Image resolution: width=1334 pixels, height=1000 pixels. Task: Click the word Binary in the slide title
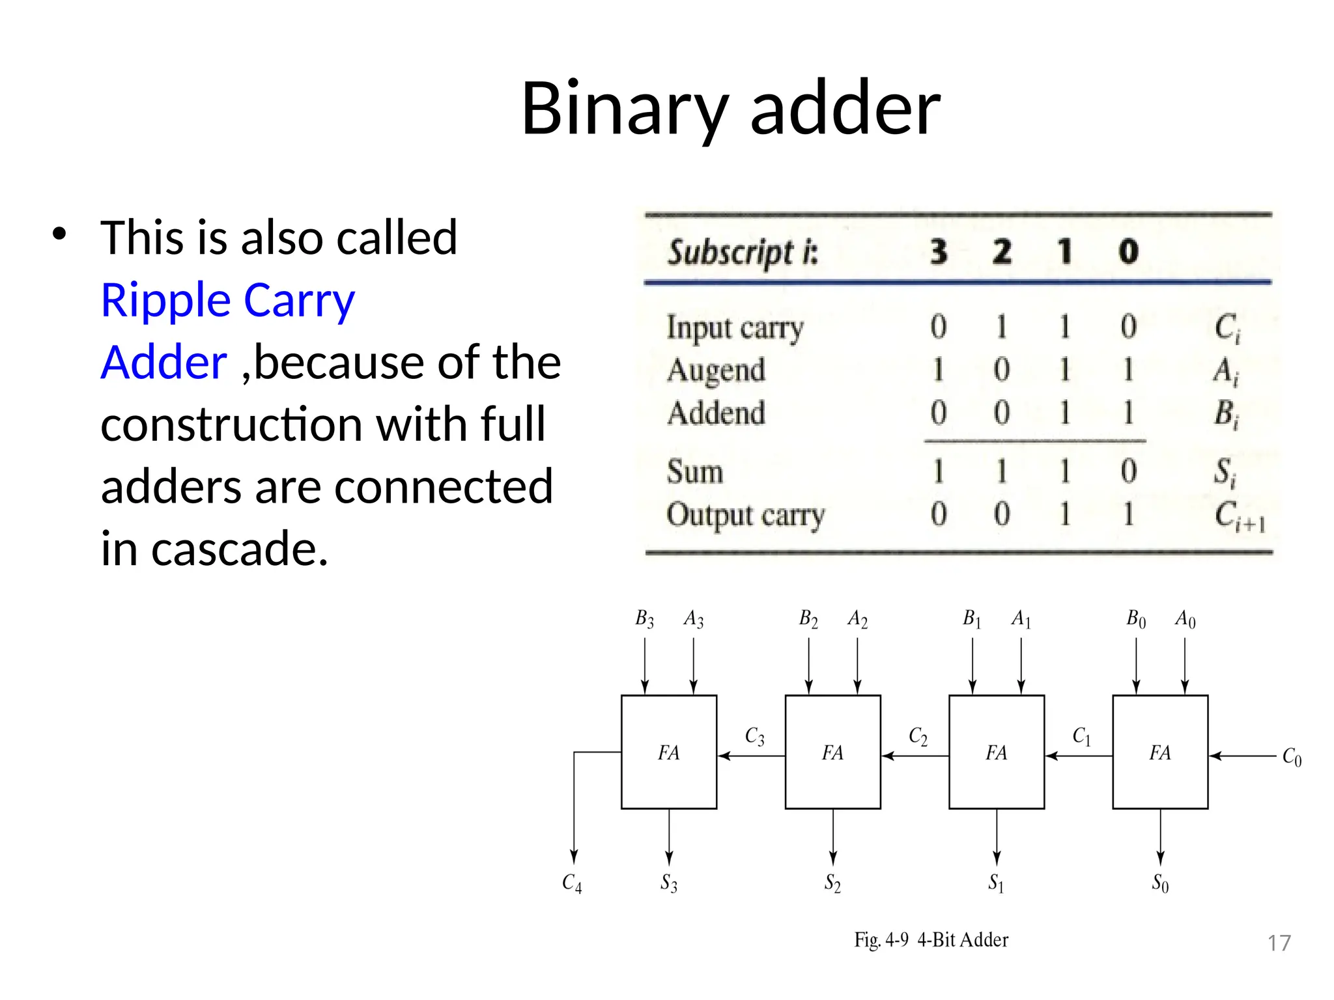(624, 108)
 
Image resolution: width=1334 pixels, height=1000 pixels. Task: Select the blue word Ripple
(165, 300)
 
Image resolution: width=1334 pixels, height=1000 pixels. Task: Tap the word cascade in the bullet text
(239, 549)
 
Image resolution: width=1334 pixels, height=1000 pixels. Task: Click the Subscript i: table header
(743, 253)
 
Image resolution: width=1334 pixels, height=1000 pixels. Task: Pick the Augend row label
(716, 370)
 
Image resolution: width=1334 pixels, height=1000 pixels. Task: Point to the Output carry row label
(745, 515)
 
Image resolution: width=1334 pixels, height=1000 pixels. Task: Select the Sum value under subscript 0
(1128, 471)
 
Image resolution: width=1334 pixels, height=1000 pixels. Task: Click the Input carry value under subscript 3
(938, 327)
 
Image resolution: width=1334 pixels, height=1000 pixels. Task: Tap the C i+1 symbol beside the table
(1239, 516)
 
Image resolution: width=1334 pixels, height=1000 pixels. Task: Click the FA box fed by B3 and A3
(669, 752)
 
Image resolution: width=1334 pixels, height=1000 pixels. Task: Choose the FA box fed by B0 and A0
(1160, 752)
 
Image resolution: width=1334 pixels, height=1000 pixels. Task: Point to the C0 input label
(1291, 757)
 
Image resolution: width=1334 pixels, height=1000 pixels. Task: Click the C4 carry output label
(572, 883)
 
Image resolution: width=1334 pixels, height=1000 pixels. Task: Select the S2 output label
(832, 883)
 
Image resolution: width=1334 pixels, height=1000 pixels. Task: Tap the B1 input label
(972, 618)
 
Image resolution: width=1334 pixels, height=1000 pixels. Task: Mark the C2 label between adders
(918, 736)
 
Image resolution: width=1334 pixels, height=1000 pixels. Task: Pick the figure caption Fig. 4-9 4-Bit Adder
(931, 940)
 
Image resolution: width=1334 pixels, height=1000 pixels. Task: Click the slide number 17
(1279, 943)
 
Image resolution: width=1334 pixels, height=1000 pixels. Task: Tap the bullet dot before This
(59, 234)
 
